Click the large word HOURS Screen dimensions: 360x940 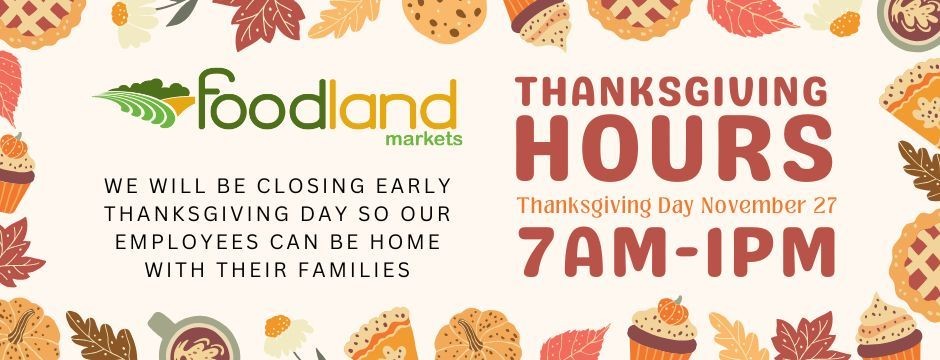click(673, 153)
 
